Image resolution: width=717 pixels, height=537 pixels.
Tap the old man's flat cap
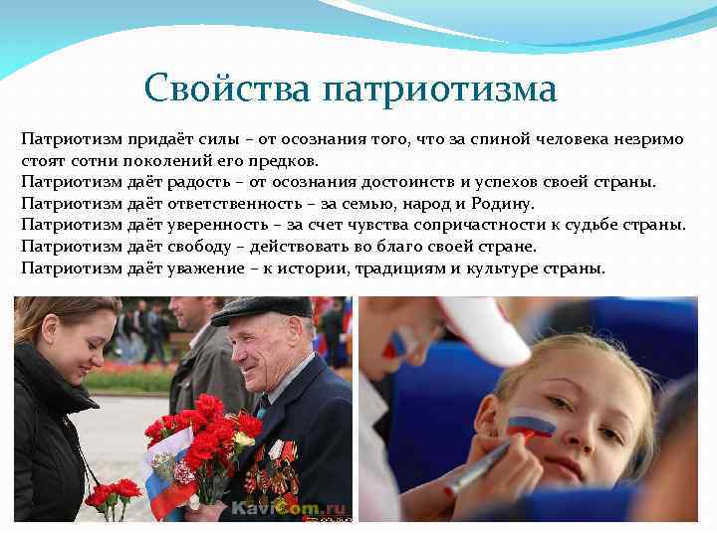point(262,308)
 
